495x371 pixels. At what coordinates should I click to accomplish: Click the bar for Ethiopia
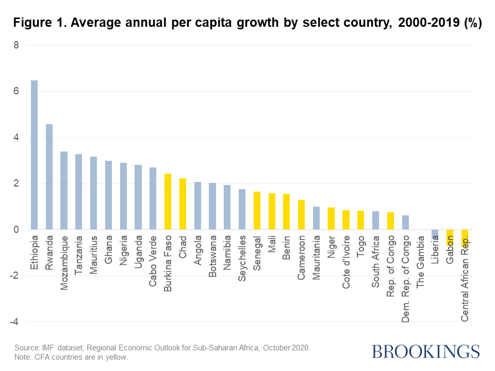(34, 155)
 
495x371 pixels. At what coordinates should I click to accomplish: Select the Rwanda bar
(49, 177)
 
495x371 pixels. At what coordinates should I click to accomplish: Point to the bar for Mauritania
(316, 218)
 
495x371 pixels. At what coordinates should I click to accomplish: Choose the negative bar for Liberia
(435, 234)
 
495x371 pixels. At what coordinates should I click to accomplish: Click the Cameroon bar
(301, 214)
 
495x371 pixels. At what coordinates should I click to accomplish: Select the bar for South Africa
(375, 220)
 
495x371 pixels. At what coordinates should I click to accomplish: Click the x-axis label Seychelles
(242, 258)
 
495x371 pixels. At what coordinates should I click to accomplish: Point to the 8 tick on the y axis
(16, 45)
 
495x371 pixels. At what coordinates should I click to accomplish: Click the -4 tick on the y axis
(14, 322)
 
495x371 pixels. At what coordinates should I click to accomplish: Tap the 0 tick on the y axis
(16, 230)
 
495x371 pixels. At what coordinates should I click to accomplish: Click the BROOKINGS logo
(425, 352)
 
